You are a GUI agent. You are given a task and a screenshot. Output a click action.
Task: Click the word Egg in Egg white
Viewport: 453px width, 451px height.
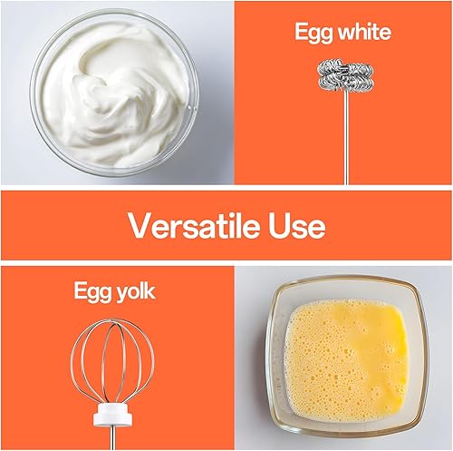point(313,33)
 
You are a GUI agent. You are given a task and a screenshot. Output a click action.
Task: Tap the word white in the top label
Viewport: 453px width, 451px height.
point(364,32)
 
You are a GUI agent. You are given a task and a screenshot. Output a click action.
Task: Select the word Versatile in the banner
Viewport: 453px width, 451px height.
point(195,225)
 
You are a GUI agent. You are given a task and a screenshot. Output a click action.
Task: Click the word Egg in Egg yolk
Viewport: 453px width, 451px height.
point(93,292)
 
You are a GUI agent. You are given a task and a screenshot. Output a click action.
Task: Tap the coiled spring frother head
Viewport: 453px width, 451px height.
point(345,75)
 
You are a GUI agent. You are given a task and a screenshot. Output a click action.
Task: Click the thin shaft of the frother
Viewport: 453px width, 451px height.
point(346,138)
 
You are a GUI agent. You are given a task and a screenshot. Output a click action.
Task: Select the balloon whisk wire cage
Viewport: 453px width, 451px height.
point(112,361)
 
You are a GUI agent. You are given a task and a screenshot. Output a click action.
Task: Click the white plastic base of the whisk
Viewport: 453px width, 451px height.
point(113,414)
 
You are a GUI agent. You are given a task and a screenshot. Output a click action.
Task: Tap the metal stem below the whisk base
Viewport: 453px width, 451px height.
point(112,437)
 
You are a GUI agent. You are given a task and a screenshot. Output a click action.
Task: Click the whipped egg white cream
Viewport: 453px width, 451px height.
point(115,93)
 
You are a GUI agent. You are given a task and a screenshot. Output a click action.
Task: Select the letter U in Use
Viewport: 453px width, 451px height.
point(280,226)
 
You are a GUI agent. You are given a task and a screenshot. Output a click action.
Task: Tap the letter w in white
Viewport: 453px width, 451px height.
point(346,34)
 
